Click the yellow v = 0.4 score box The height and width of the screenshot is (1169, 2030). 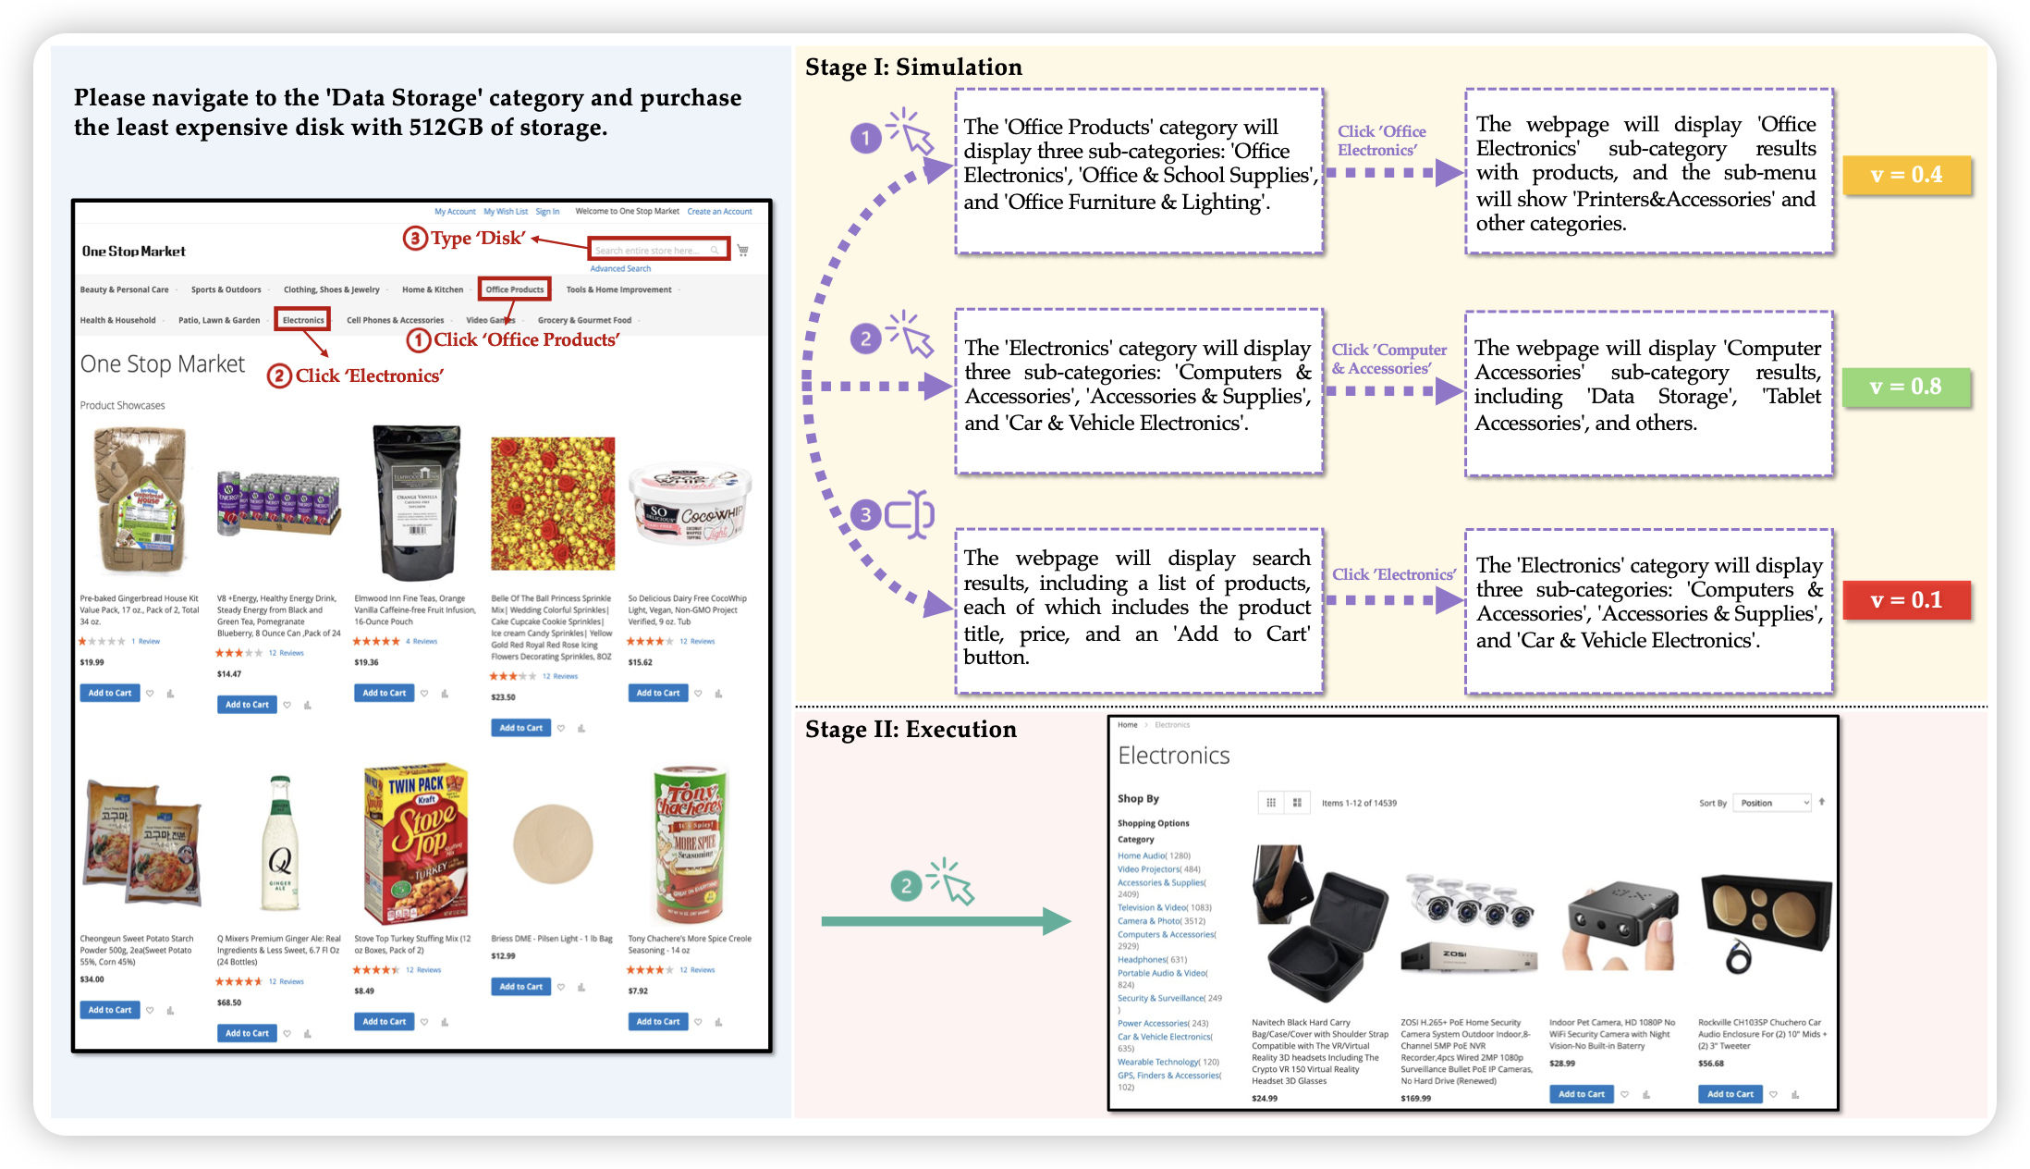coord(1906,175)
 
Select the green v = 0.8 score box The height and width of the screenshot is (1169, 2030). coord(1905,387)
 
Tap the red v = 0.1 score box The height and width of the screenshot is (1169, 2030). coord(1905,600)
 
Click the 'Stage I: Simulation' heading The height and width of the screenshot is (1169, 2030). coord(913,68)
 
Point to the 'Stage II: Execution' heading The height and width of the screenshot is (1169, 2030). coord(911,730)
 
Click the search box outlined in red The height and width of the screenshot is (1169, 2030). coord(657,250)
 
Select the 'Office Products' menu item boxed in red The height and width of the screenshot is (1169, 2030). coord(515,289)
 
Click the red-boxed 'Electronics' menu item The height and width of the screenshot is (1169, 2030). coord(303,320)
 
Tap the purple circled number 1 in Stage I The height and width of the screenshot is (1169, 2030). coord(865,139)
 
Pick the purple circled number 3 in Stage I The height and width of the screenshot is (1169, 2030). coord(865,514)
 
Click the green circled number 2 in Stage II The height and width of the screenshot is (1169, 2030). coord(906,886)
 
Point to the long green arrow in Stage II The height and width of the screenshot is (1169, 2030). coord(943,921)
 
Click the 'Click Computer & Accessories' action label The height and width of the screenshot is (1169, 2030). coord(1388,359)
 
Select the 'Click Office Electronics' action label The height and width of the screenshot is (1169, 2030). coord(1381,141)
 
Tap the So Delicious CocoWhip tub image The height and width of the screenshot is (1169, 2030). coord(689,504)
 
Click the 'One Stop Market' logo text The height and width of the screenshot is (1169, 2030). coord(134,252)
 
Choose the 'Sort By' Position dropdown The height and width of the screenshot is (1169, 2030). coord(1771,803)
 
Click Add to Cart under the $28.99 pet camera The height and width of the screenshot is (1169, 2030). coord(1581,1094)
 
